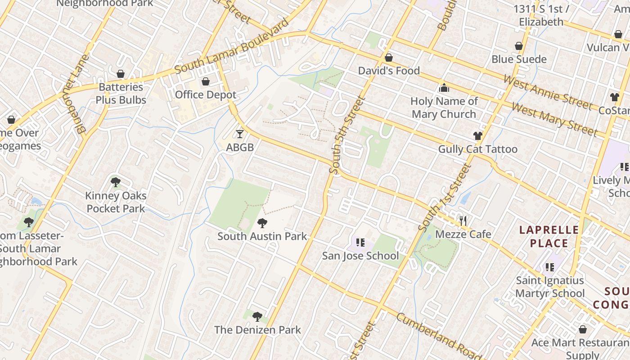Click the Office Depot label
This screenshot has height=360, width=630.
[205, 95]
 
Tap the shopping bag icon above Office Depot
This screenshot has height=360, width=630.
[206, 81]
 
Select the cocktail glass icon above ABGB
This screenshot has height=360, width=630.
[240, 134]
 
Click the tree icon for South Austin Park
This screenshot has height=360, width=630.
[262, 223]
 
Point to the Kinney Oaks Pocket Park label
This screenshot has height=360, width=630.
[116, 202]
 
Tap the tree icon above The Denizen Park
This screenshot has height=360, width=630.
[257, 317]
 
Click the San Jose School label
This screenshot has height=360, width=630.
[360, 256]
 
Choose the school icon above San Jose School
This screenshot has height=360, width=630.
[360, 243]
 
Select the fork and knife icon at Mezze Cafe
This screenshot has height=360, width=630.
[463, 220]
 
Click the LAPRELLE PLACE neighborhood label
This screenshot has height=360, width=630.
[549, 237]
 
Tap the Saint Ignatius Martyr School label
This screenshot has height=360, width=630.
[549, 287]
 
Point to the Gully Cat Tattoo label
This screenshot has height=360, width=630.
[477, 149]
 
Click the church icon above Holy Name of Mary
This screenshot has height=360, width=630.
[444, 88]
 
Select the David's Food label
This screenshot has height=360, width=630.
[389, 71]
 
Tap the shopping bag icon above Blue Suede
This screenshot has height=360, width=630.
[519, 46]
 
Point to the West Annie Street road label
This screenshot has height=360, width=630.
[548, 93]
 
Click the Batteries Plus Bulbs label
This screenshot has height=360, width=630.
[121, 94]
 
